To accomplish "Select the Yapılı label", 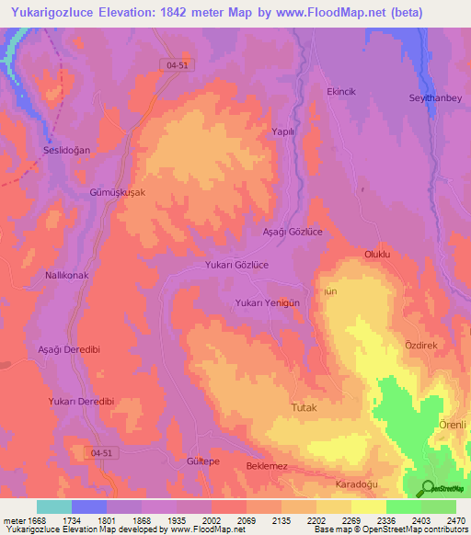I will (x=282, y=131).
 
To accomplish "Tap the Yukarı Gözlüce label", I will (x=236, y=264).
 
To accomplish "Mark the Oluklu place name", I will (x=378, y=253).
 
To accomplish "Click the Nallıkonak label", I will (x=71, y=275).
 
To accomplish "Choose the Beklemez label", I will (x=268, y=466).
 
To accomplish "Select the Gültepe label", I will (x=202, y=461).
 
